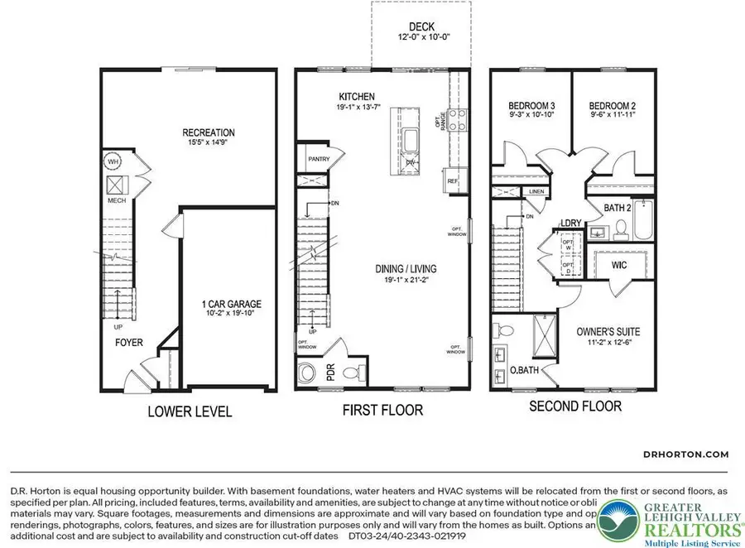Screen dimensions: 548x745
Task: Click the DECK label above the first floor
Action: [x=421, y=27]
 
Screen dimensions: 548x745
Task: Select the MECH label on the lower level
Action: [x=116, y=201]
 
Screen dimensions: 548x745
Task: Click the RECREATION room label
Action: [x=209, y=132]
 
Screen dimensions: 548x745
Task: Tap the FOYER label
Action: [x=129, y=342]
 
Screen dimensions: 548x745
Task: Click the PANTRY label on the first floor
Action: [x=319, y=158]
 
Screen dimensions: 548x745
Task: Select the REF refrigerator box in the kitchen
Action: [x=453, y=180]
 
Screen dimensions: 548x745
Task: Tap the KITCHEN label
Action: [x=357, y=96]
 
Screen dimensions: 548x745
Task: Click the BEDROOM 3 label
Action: [x=531, y=106]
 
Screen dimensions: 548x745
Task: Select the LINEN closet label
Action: [x=536, y=192]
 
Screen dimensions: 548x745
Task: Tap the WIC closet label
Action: [x=621, y=266]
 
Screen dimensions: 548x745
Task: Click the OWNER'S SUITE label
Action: [x=608, y=332]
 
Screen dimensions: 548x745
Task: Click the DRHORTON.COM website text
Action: [x=686, y=454]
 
